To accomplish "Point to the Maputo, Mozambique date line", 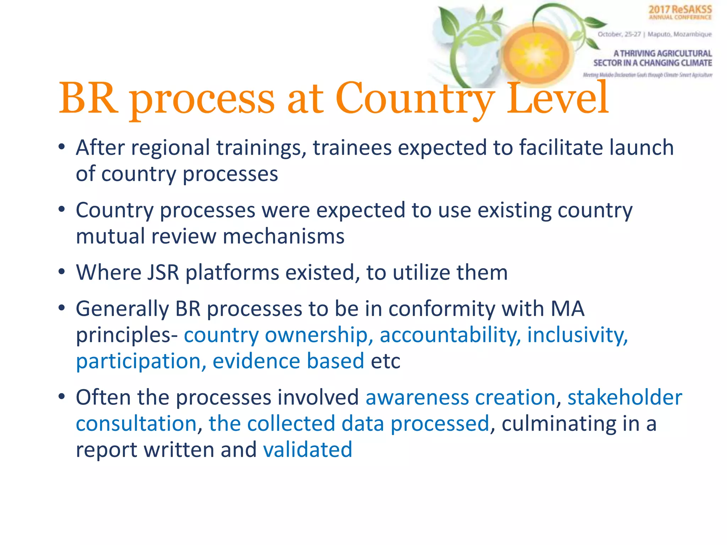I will click(x=654, y=34).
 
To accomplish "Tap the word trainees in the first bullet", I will click(x=352, y=148).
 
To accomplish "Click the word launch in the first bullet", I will click(x=641, y=148).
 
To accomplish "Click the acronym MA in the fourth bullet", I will click(x=567, y=309).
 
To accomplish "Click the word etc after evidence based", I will click(x=386, y=361).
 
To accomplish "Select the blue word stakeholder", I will click(x=624, y=397).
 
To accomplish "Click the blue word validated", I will click(x=307, y=450).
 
